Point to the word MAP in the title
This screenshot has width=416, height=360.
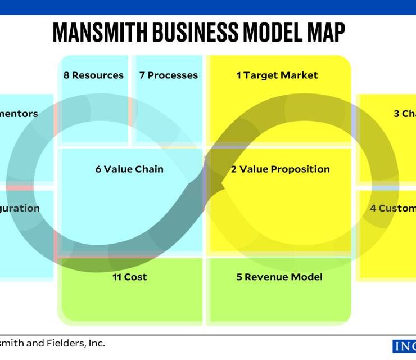[x=324, y=33]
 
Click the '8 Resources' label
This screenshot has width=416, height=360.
[x=93, y=75]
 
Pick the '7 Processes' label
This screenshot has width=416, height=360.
[x=169, y=75]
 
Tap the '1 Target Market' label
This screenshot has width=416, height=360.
[x=277, y=75]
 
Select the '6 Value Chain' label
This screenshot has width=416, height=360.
[x=129, y=169]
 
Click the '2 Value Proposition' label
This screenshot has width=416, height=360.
[x=281, y=169]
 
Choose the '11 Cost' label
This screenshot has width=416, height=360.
[x=130, y=277]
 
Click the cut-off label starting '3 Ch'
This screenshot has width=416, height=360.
[x=404, y=114]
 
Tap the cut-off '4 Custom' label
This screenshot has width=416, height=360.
[x=392, y=208]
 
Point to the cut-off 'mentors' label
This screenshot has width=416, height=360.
[x=19, y=114]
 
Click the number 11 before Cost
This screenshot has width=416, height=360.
[x=117, y=277]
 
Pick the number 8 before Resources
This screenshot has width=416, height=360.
[x=66, y=75]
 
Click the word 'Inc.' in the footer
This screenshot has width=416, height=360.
[x=94, y=343]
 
